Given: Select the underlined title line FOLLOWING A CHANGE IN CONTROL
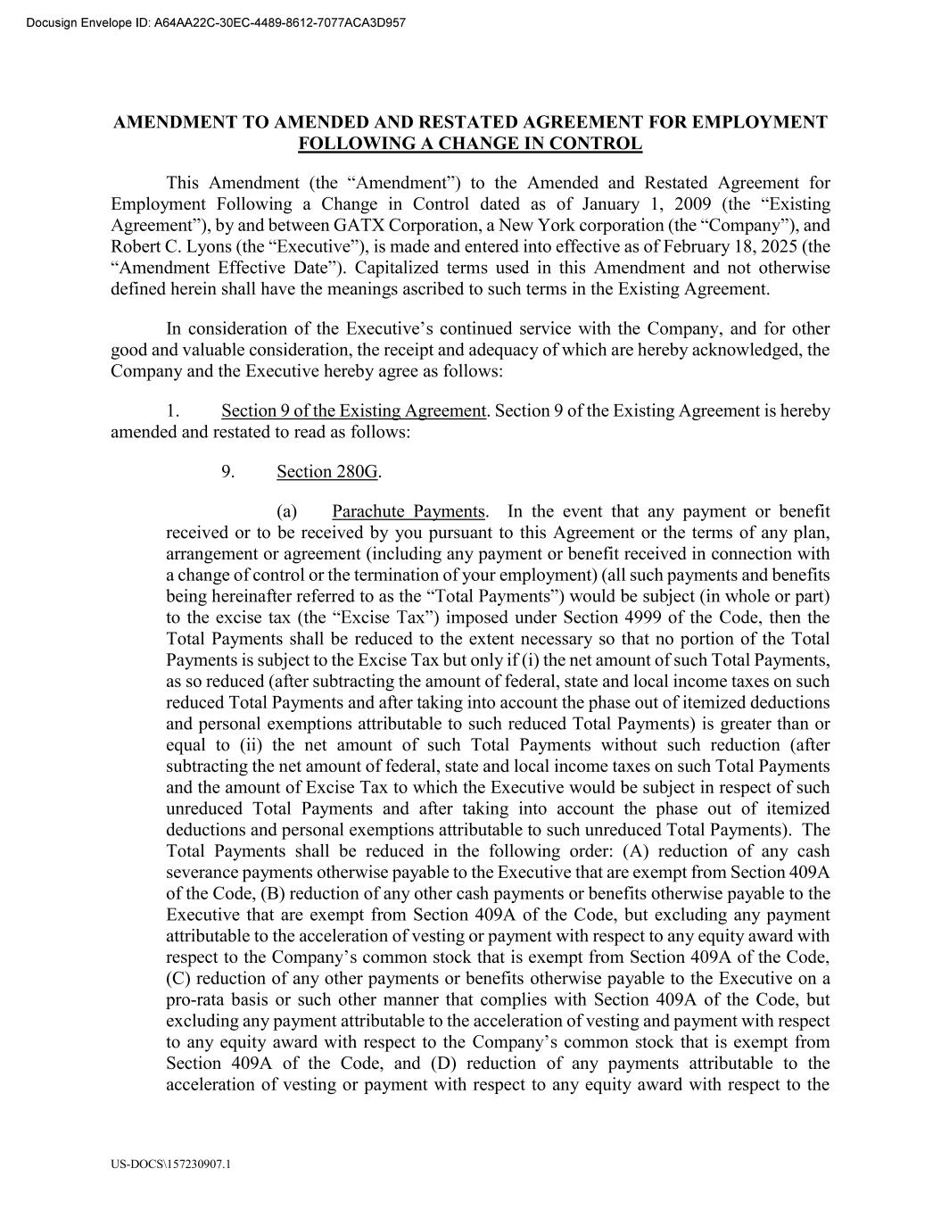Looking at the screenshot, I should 470,144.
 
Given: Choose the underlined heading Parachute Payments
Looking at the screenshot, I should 409,511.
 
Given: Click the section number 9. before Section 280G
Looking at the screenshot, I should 228,471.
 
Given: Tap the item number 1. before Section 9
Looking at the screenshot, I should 173,410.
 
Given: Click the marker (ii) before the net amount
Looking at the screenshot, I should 247,745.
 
